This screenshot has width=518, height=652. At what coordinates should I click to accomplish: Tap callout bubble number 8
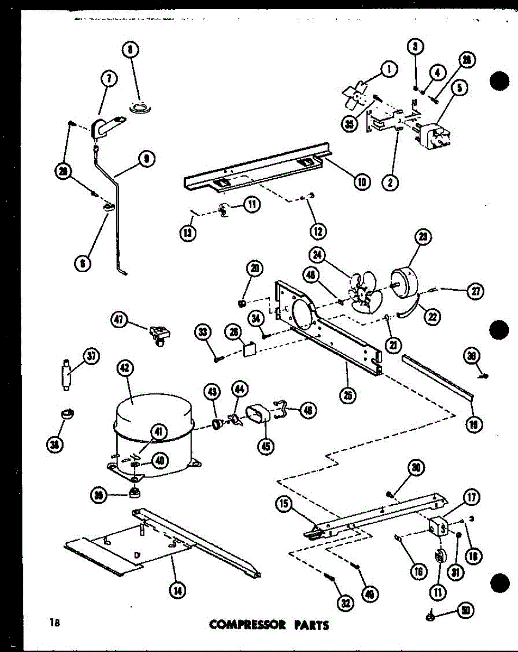131,51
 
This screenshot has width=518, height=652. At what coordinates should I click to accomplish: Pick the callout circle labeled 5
461,89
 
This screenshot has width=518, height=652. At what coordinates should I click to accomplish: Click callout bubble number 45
266,446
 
